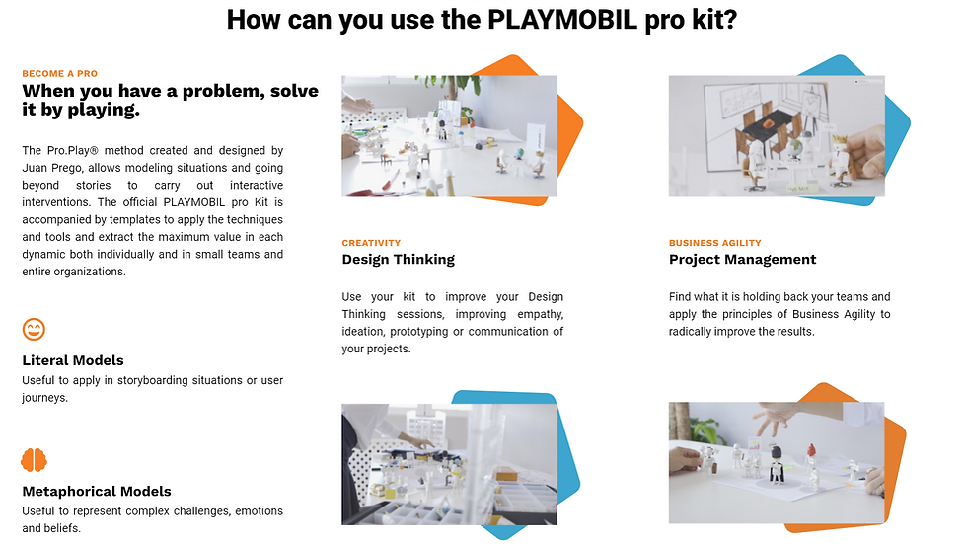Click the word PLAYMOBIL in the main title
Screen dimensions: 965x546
561,20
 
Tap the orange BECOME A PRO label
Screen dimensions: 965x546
60,73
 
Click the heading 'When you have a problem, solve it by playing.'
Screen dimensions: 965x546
171,100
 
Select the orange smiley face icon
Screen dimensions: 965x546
34,330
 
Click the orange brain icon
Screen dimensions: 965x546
34,460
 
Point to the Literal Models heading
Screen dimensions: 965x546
73,360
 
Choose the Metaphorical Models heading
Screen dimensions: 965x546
97,492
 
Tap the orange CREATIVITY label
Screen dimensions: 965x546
371,243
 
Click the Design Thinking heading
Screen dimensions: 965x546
399,259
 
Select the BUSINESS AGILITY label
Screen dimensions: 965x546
715,243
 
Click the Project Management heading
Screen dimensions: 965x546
742,259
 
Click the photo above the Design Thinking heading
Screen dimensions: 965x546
449,136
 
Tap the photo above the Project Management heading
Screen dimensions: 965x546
777,136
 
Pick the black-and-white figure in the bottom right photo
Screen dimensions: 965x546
777,465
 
